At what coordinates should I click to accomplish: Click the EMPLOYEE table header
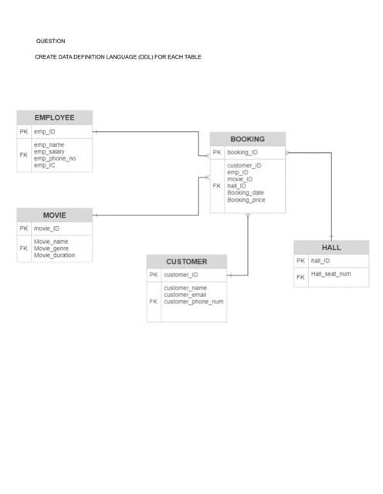pyautogui.click(x=54, y=117)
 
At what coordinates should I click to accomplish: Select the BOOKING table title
pyautogui.click(x=247, y=139)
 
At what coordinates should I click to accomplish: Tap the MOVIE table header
pyautogui.click(x=54, y=215)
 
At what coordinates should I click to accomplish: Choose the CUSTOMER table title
pyautogui.click(x=187, y=262)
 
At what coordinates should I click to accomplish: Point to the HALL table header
pyautogui.click(x=331, y=248)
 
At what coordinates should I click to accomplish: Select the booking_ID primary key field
pyautogui.click(x=242, y=153)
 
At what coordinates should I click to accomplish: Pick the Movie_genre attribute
pyautogui.click(x=51, y=249)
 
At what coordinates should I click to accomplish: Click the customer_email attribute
pyautogui.click(x=185, y=295)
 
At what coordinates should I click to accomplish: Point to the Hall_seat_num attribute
pyautogui.click(x=330, y=274)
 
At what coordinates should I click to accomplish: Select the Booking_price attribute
pyautogui.click(x=246, y=200)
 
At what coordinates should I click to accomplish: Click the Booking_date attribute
pyautogui.click(x=245, y=193)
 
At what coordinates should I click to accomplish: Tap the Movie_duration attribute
pyautogui.click(x=54, y=255)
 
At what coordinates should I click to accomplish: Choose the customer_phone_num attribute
pyautogui.click(x=193, y=302)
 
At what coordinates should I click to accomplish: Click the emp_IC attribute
pyautogui.click(x=44, y=166)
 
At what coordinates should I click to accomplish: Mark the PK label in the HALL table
pyautogui.click(x=300, y=261)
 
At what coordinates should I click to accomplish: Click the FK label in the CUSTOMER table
pyautogui.click(x=153, y=302)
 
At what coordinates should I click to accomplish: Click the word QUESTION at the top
pyautogui.click(x=51, y=41)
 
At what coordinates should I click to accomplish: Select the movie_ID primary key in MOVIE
pyautogui.click(x=46, y=228)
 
